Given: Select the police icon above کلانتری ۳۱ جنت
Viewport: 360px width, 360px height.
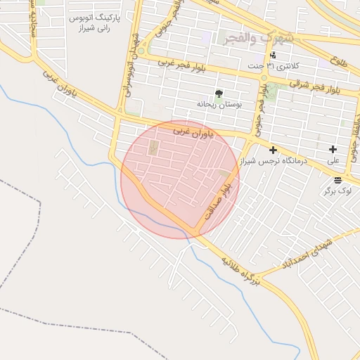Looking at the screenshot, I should click(x=273, y=56).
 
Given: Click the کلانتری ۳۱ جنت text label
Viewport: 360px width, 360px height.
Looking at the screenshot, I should click(x=274, y=66).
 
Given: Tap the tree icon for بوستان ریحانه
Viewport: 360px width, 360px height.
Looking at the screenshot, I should click(x=219, y=93).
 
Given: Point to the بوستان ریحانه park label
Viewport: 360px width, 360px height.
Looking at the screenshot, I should click(x=219, y=104).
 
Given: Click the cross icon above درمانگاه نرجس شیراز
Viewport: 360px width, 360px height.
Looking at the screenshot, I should click(x=273, y=150).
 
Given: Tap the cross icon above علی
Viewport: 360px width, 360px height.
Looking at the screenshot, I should click(x=333, y=150).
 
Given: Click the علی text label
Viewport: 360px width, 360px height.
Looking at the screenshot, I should click(x=333, y=161).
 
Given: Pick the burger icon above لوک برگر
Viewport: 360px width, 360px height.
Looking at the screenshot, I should click(x=337, y=180).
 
